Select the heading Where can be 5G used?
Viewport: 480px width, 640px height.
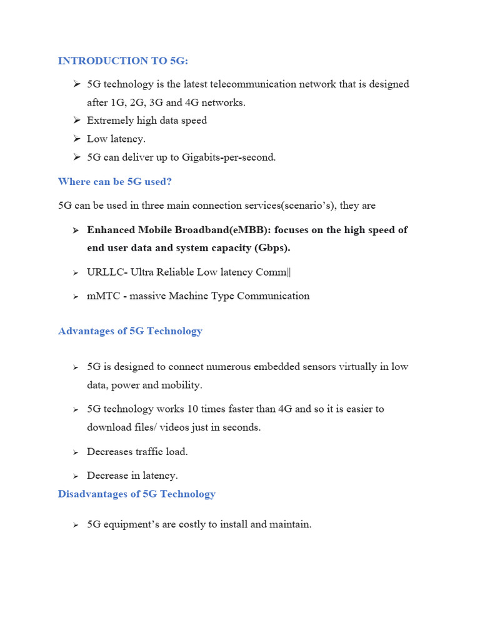(x=114, y=182)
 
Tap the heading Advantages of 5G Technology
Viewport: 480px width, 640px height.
(x=130, y=331)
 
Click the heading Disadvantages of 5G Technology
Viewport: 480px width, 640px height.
(x=136, y=494)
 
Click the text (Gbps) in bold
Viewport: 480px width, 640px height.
(x=272, y=248)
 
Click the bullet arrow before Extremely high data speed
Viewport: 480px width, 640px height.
(x=76, y=121)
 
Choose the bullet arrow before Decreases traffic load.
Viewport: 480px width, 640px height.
(x=76, y=452)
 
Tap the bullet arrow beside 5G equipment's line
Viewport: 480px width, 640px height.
(x=76, y=525)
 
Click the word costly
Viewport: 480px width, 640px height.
(x=191, y=525)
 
